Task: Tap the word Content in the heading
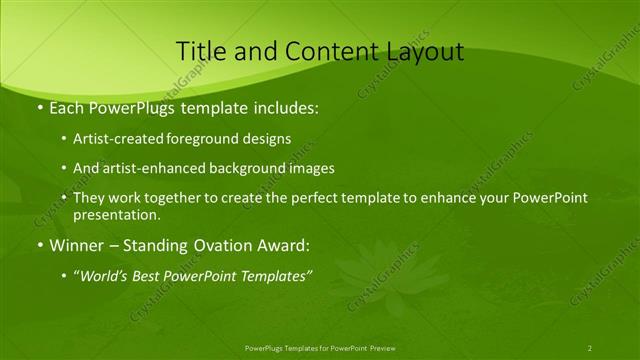point(324,52)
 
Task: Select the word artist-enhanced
point(144,169)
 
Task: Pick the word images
point(312,169)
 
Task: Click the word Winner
point(74,245)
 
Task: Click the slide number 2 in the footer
point(590,347)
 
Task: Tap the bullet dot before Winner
point(39,245)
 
